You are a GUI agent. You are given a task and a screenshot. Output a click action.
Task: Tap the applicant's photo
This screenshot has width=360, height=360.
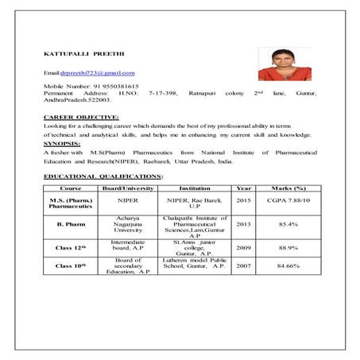(281, 66)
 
